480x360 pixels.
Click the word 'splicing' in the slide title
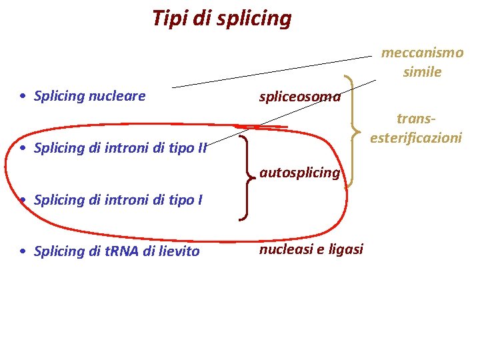[x=256, y=19]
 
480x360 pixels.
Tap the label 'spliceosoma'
[x=300, y=97]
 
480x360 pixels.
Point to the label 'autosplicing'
[x=299, y=173]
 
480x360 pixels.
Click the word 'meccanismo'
[x=422, y=53]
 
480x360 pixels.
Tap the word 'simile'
[x=422, y=72]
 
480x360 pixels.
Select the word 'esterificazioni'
[x=416, y=138]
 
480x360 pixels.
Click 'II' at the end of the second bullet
[x=202, y=148]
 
